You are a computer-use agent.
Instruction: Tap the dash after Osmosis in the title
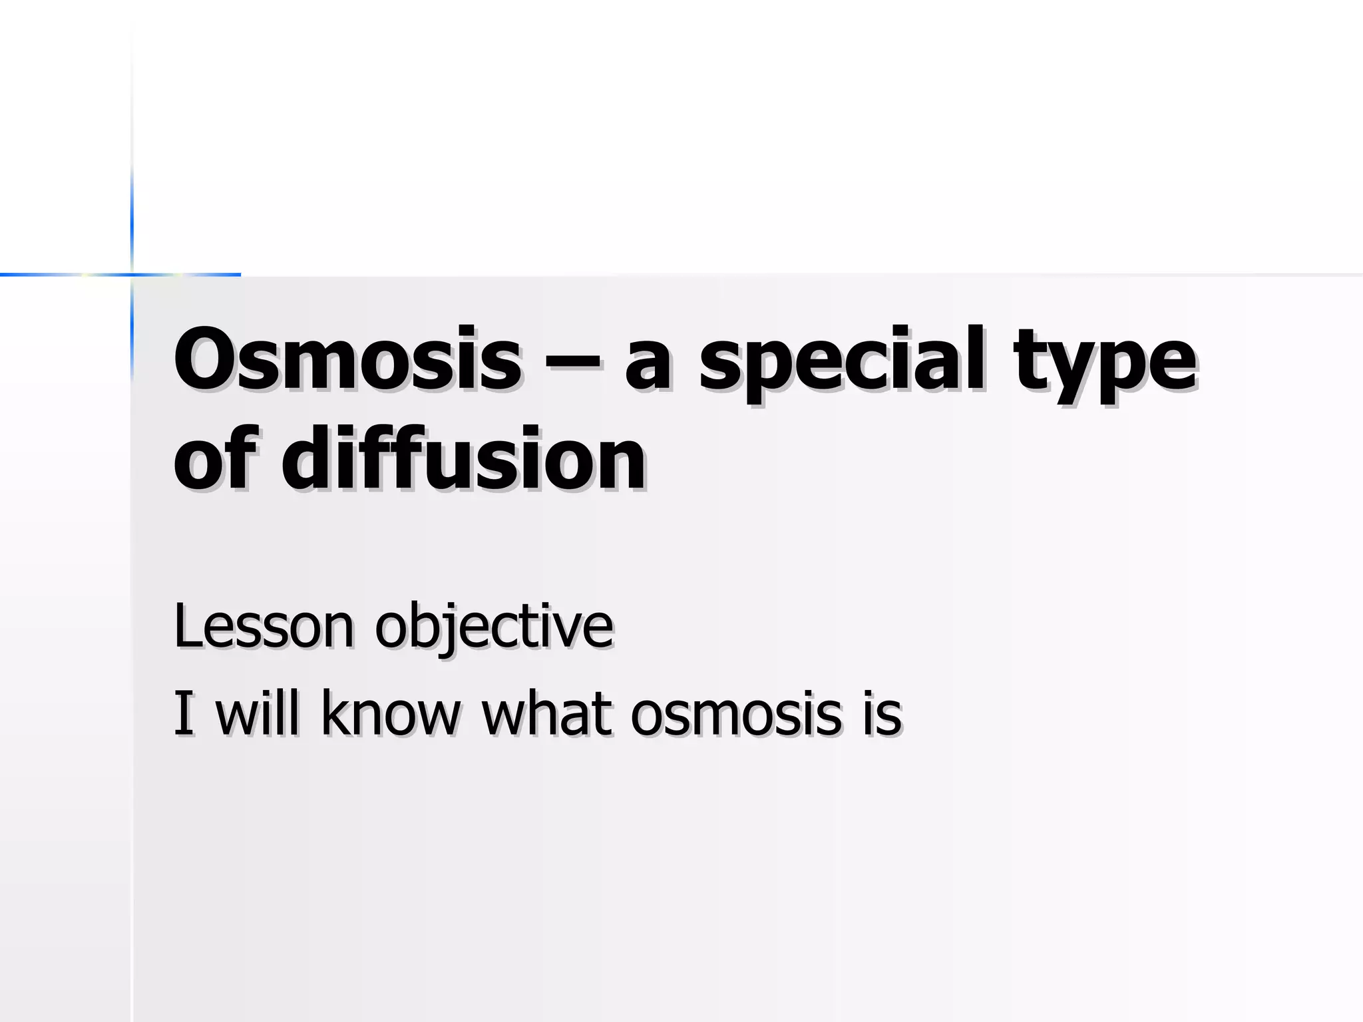click(x=573, y=365)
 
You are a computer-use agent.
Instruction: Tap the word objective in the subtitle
click(x=493, y=629)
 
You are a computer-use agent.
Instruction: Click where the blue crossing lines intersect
click(x=132, y=273)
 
